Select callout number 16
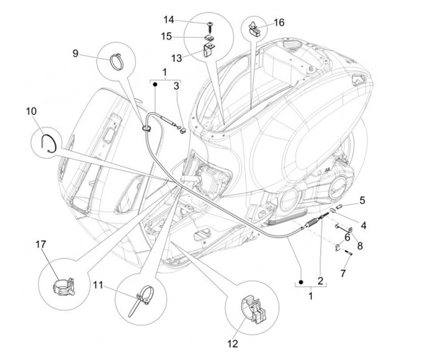pos(279,22)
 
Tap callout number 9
pos(75,53)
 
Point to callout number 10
pos(31,110)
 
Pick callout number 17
pos(41,244)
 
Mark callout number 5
pos(362,200)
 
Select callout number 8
pos(360,246)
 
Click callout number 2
pos(321,280)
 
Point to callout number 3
pos(176,86)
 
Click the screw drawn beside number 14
pos(209,25)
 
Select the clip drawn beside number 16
pos(255,28)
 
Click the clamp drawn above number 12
pos(247,311)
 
